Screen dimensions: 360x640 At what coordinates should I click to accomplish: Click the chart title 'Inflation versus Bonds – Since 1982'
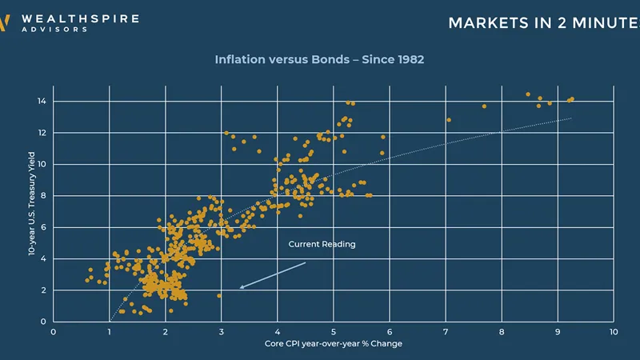(x=319, y=59)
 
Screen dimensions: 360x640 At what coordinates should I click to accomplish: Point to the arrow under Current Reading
(x=272, y=274)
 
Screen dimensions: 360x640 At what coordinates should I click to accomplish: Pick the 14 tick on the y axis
(x=42, y=102)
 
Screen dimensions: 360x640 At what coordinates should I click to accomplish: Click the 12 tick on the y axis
(x=42, y=133)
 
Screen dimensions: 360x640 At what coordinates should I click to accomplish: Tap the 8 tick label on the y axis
(x=43, y=195)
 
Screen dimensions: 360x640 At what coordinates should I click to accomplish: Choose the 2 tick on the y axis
(x=43, y=290)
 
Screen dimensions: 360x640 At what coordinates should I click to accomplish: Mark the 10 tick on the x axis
(x=613, y=331)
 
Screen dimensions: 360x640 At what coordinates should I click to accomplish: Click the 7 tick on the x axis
(x=446, y=331)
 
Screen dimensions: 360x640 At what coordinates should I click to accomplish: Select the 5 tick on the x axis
(x=334, y=331)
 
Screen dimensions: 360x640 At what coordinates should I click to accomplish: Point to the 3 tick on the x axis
(x=222, y=331)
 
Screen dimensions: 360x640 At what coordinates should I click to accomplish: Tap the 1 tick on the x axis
(x=110, y=331)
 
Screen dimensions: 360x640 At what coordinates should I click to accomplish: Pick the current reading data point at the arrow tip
(x=219, y=295)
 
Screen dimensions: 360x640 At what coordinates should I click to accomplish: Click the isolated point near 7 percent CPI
(x=448, y=120)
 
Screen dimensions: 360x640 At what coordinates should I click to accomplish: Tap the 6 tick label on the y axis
(x=43, y=227)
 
